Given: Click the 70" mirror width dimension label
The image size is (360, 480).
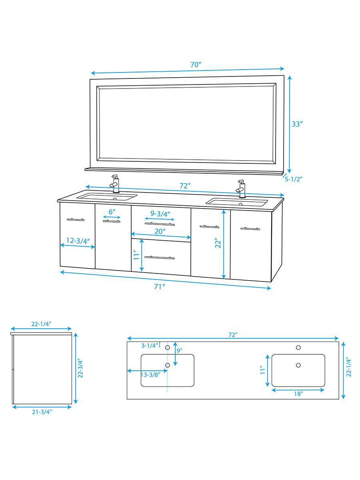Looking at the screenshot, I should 195,64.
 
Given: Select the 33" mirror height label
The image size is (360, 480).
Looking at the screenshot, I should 296,124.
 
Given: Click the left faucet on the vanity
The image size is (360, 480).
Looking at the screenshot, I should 115,184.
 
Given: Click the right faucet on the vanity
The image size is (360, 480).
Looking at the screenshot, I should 241,189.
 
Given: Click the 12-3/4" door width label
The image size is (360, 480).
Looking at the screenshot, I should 78,241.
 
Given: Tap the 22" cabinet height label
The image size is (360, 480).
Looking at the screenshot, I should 218,244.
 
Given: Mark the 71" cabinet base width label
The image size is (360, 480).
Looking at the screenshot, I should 160,286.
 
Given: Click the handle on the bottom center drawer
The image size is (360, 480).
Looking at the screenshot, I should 160,257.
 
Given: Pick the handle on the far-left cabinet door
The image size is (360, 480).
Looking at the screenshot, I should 75,219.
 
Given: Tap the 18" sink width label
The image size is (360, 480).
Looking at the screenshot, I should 298,394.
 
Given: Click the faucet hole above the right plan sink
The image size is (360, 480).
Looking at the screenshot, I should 298,347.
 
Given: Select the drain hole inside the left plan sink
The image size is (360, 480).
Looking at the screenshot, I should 168,365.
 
